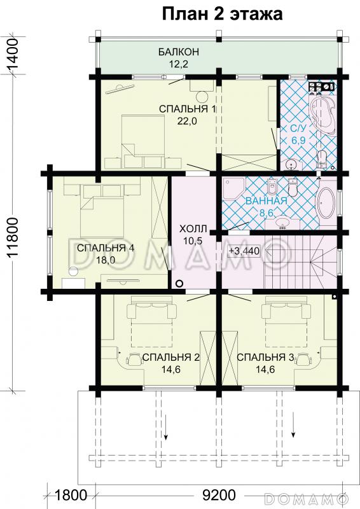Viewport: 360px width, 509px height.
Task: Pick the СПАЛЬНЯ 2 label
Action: coord(171,358)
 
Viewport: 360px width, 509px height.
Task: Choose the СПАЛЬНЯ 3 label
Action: coord(265,358)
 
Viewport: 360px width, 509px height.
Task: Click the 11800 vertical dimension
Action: coord(14,244)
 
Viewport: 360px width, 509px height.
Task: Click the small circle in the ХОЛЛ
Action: coord(179,284)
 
